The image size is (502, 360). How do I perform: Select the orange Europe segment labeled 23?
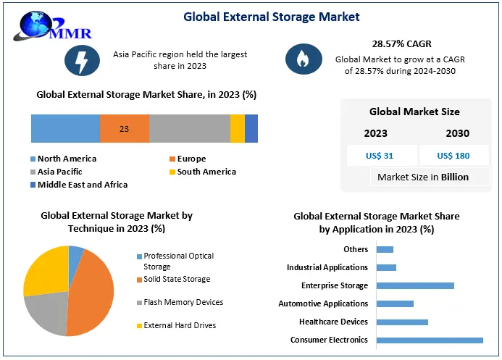[x=125, y=128]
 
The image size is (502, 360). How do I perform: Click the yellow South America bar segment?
[x=237, y=128]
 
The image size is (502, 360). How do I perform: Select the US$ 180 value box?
[x=454, y=156]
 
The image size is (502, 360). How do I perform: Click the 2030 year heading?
[x=457, y=133]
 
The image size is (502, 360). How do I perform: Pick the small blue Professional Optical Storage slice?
[x=76, y=254]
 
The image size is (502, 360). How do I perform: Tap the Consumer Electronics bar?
[x=430, y=340]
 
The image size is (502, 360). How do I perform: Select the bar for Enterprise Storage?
[x=415, y=285]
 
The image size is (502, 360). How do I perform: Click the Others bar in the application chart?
[x=385, y=249]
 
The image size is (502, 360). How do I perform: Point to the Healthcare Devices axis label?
[x=333, y=322]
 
